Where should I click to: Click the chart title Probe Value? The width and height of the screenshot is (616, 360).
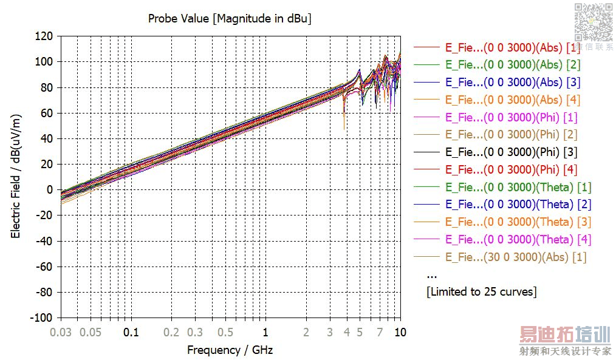point(230,19)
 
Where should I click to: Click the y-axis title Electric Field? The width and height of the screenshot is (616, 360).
point(16,176)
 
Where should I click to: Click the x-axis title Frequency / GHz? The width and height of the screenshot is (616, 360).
point(230,350)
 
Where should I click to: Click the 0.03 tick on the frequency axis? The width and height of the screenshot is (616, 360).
point(61,332)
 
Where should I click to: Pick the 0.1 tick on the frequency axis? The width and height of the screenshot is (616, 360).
point(131,332)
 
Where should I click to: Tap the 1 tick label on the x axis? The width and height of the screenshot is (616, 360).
point(265,332)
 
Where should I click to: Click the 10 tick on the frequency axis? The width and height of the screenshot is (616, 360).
point(400,332)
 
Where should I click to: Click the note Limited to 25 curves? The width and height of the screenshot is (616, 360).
point(482,292)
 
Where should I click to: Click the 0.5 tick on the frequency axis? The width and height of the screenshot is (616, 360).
point(225,332)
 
